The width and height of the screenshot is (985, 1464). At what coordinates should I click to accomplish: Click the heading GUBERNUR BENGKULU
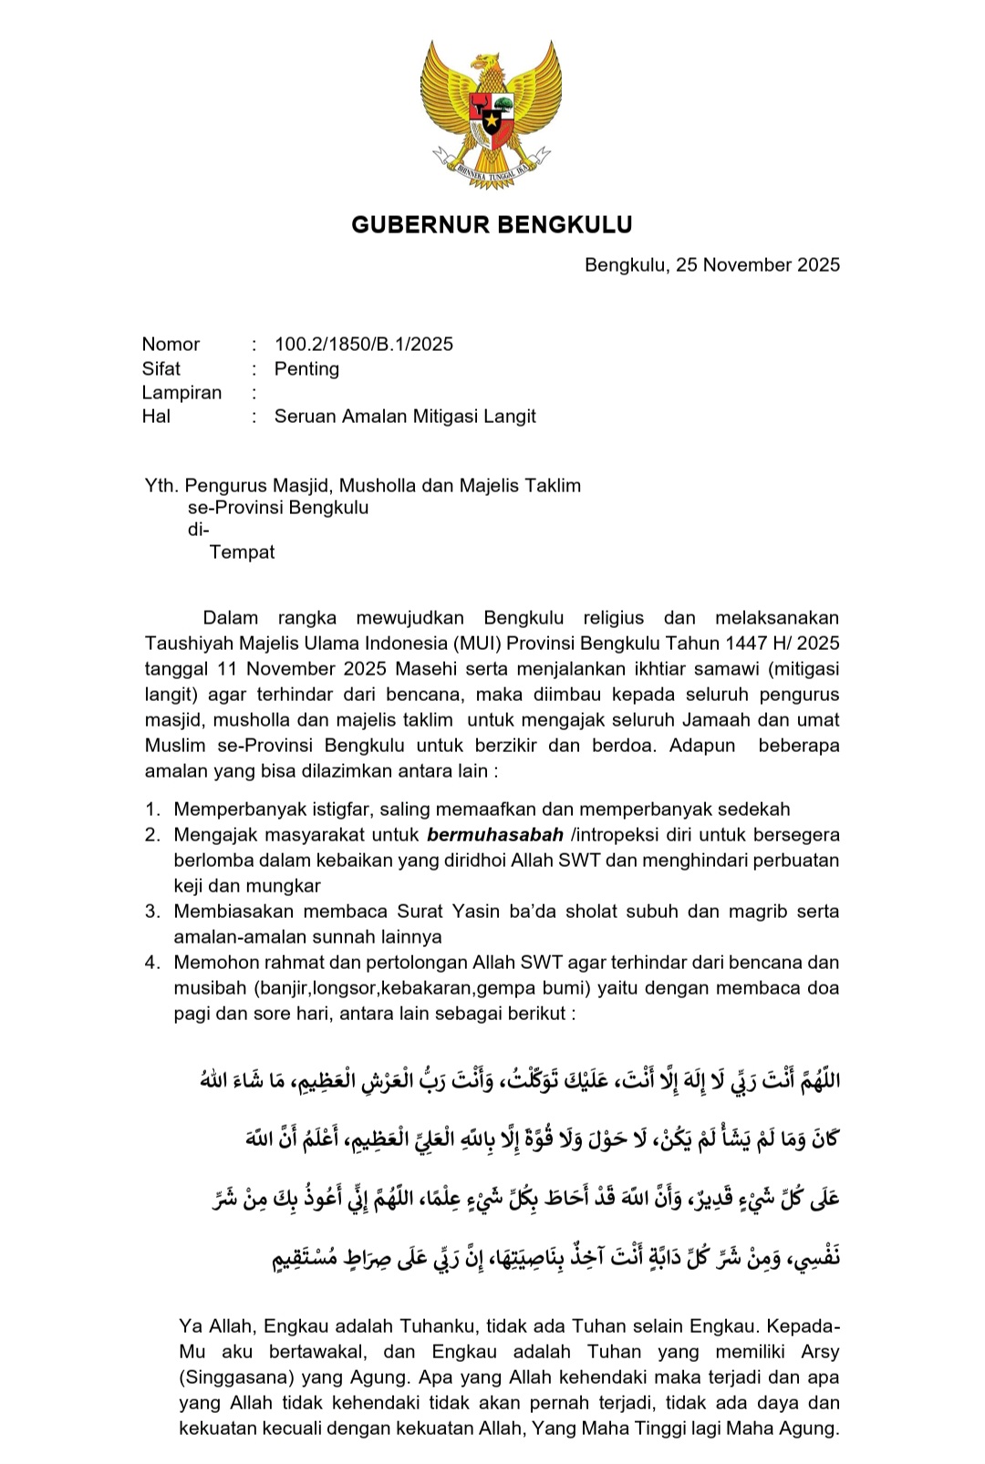click(x=492, y=224)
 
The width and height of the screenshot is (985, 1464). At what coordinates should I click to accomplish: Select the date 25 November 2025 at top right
click(x=758, y=265)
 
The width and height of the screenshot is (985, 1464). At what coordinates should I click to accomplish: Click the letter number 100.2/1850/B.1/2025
click(x=364, y=345)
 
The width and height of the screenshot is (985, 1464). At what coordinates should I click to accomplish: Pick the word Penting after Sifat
click(x=306, y=369)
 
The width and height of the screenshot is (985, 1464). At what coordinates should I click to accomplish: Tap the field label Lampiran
click(x=181, y=393)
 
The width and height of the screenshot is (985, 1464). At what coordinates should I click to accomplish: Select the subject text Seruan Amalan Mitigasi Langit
click(x=405, y=417)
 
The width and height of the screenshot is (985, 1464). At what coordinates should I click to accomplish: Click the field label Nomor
click(x=171, y=345)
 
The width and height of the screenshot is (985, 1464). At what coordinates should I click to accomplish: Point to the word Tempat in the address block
click(x=242, y=552)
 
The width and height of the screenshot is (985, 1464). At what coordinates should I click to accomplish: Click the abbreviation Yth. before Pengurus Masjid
click(x=160, y=486)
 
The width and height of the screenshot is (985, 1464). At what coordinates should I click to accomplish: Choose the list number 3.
click(x=152, y=912)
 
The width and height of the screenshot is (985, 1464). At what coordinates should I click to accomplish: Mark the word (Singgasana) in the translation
click(x=233, y=1377)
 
